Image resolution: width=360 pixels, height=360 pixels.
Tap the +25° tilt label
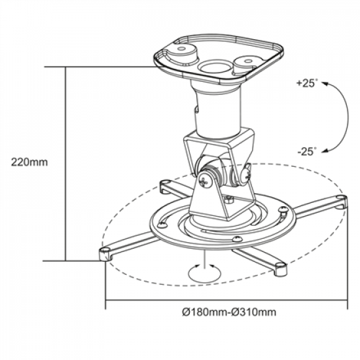click(306, 84)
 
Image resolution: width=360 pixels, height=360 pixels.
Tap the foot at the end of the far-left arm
click(105, 252)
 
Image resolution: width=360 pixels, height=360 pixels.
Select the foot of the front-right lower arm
click(280, 267)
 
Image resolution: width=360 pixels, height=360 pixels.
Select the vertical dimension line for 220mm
click(66, 164)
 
